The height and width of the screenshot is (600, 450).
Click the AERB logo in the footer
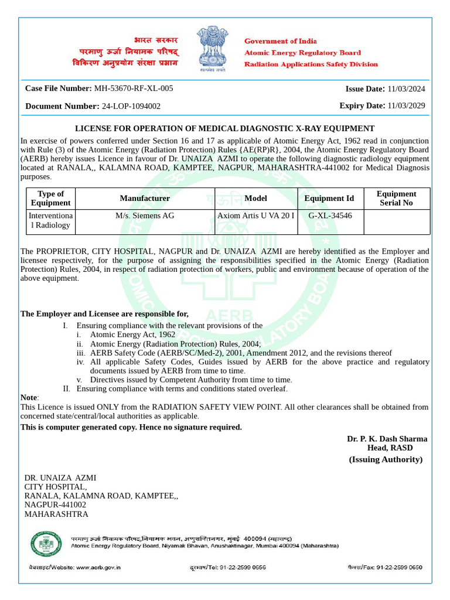[x=45, y=544]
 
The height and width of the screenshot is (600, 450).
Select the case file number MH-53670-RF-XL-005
[x=134, y=88]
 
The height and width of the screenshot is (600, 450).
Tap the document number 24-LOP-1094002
[x=131, y=106]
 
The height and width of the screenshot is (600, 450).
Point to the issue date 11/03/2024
[x=406, y=89]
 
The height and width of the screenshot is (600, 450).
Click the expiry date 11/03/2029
[x=406, y=106]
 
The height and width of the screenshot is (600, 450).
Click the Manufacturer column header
[x=145, y=199]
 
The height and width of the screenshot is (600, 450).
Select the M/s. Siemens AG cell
[x=145, y=216]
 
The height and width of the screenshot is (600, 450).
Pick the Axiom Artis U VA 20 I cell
[x=255, y=216]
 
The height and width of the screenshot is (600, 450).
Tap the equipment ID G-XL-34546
[x=330, y=216]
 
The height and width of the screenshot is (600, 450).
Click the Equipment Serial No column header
[x=396, y=198]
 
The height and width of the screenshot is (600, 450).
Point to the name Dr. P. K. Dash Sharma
[x=387, y=439]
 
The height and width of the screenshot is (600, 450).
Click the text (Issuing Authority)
[x=386, y=459]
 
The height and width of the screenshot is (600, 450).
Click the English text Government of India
[x=280, y=42]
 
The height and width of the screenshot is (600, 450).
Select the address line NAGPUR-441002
[x=55, y=504]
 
